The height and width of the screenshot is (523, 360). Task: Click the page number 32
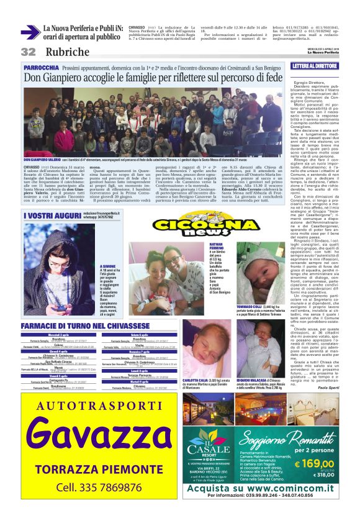point(27,52)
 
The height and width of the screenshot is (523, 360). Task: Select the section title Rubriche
point(67,52)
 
